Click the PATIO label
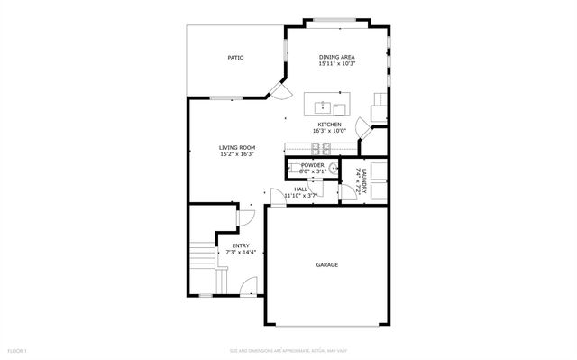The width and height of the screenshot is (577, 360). click(x=235, y=58)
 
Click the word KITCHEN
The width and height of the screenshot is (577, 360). click(x=328, y=124)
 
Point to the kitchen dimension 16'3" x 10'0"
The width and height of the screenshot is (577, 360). click(x=328, y=131)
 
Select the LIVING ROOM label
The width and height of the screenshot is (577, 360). click(x=238, y=147)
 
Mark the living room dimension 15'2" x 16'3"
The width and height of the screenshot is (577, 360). click(x=238, y=154)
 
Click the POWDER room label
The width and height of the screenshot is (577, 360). click(x=313, y=165)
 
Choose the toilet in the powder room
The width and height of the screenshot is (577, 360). click(x=333, y=168)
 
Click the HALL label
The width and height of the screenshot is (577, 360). click(x=300, y=189)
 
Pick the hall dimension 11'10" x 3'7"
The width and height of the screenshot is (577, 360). click(x=301, y=196)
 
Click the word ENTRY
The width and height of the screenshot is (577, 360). click(x=241, y=245)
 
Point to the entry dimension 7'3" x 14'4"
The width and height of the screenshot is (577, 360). click(x=241, y=253)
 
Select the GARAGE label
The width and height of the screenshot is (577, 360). click(x=326, y=265)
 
